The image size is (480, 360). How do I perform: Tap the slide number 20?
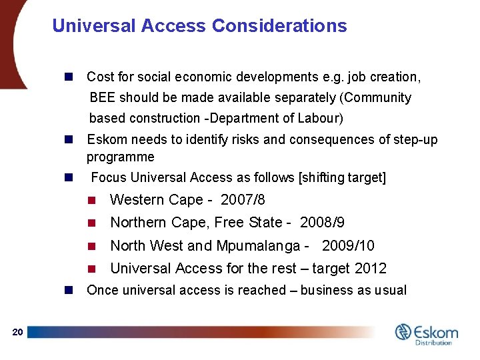coord(18,333)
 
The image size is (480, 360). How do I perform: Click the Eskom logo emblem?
coord(403,332)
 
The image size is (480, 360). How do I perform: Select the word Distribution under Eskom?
coord(433,343)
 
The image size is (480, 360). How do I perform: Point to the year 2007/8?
coord(243,200)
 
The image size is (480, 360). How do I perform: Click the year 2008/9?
coord(322,223)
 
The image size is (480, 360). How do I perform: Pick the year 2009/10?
coord(348,245)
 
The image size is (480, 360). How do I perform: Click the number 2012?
coord(371,268)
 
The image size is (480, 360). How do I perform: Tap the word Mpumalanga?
coord(257,245)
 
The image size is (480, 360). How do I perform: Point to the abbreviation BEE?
coord(103,98)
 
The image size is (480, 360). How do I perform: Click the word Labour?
coord(320,119)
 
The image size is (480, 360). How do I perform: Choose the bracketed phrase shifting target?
coord(343,178)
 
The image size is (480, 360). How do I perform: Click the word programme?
coord(120,157)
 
